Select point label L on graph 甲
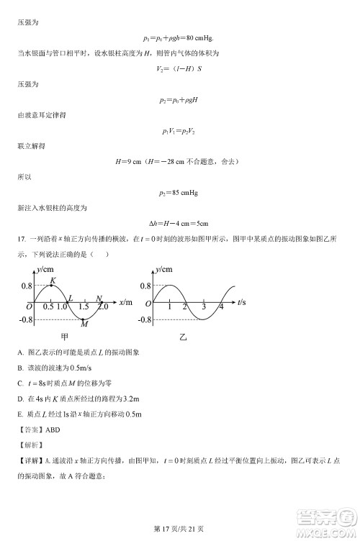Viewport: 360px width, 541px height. coord(70,297)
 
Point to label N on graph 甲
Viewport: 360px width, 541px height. coord(99,297)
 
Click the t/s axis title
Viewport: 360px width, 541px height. coord(241,301)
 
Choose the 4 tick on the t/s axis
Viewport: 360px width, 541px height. coord(221,308)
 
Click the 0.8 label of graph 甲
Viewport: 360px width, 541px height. coord(24,286)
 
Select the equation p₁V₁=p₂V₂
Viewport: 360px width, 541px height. coord(179,130)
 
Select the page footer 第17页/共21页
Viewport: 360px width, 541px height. coord(179,530)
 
